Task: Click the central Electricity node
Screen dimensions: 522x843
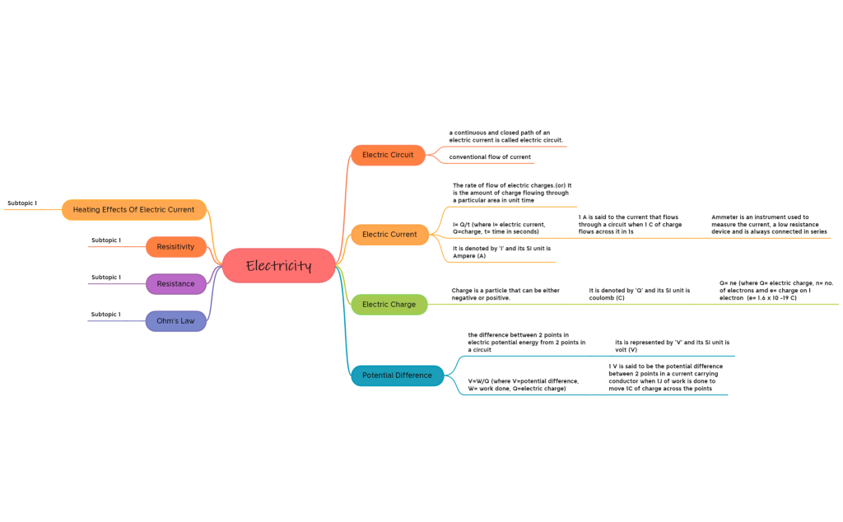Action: (279, 266)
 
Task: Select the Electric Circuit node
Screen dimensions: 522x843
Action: (388, 155)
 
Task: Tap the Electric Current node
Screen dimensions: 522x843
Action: (389, 235)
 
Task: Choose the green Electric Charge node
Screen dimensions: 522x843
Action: (389, 305)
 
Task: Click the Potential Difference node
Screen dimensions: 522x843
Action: (397, 375)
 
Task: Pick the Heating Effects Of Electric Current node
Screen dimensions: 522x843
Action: (133, 210)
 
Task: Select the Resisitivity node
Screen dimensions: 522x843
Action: (175, 247)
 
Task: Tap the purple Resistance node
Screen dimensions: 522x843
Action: (175, 284)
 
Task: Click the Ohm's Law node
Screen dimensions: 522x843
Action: (175, 321)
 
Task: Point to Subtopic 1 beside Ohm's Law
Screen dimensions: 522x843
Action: (105, 315)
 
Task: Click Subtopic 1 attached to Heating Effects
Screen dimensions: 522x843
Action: (22, 203)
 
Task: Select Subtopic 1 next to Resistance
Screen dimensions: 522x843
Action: (105, 277)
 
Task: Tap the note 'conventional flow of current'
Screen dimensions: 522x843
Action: (490, 157)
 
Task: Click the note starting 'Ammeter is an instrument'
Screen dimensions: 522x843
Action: (769, 225)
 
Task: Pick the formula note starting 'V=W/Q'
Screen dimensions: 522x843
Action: (523, 385)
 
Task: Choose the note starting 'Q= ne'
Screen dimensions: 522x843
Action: (775, 290)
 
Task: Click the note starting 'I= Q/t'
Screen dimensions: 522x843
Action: (499, 228)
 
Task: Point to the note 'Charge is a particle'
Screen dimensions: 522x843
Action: (505, 294)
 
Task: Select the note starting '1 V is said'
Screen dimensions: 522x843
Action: (666, 377)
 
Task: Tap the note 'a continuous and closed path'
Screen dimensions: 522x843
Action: (505, 137)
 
